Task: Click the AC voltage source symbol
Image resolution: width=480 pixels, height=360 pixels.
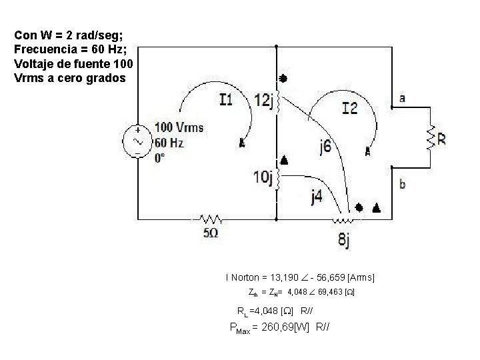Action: tap(138, 142)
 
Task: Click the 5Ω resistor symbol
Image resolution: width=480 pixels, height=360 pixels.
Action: tap(211, 219)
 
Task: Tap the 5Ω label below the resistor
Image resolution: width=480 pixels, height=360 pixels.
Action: tap(211, 233)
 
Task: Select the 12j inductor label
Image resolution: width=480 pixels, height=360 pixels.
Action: tap(264, 101)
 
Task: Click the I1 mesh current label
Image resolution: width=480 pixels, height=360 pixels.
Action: tap(226, 100)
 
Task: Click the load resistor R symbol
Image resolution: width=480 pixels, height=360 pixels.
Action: tap(431, 139)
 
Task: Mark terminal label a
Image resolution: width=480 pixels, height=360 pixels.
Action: tap(402, 99)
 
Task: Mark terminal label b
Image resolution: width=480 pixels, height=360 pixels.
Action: tap(402, 184)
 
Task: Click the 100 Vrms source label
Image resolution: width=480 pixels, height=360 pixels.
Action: tap(179, 127)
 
